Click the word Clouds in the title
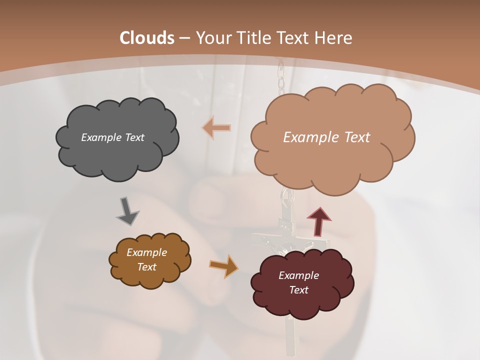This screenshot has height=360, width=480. tap(147, 38)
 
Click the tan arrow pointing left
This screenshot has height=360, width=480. tap(217, 128)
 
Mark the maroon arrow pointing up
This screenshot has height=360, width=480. tap(319, 220)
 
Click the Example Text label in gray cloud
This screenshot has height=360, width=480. tap(112, 137)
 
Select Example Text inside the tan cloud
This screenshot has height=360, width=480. tap(326, 137)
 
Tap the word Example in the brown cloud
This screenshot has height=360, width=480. tap(146, 252)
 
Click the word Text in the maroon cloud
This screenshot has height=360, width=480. tap(298, 290)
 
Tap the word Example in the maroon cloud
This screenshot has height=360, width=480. tap(298, 275)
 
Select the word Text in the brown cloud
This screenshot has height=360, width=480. tap(146, 267)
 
